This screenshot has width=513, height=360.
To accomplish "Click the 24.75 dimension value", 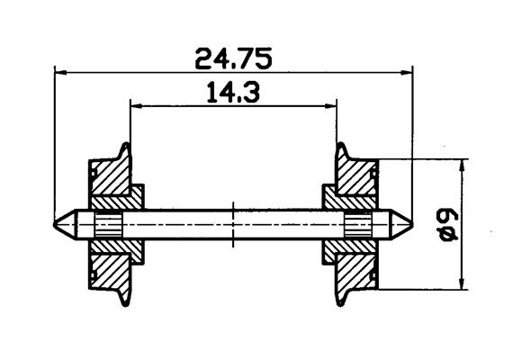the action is (x=233, y=58).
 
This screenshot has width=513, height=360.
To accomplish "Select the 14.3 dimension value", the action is (x=234, y=93).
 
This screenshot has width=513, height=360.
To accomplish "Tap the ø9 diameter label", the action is (x=448, y=226).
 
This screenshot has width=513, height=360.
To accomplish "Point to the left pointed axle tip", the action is (x=54, y=224).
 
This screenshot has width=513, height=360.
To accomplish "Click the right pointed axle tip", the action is (x=412, y=224).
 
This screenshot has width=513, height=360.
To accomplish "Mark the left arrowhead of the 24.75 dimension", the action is (x=61, y=72).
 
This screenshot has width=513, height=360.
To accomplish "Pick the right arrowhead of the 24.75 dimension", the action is (x=406, y=72).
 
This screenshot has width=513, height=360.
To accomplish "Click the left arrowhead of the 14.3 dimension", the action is (x=137, y=106).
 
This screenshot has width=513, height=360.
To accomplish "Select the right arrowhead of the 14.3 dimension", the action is (x=330, y=106).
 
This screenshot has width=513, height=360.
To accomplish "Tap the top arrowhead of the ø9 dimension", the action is (x=462, y=166).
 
